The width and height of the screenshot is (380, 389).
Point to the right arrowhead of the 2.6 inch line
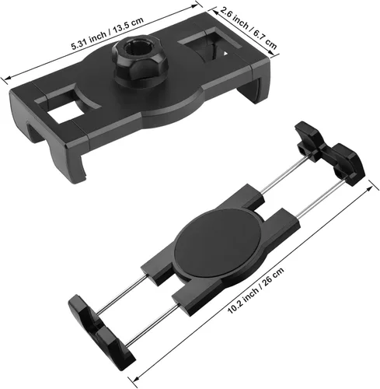point(278,48)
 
